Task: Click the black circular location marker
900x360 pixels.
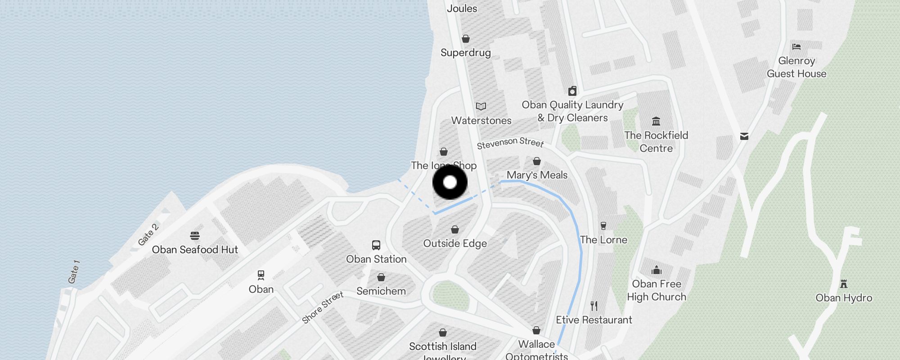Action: click(x=450, y=182)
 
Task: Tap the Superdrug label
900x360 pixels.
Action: click(x=466, y=53)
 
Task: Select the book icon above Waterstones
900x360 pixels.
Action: click(x=481, y=107)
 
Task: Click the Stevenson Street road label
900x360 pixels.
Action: click(x=510, y=143)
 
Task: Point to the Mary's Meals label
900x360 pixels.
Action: click(x=537, y=175)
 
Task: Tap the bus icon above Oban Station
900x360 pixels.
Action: click(x=376, y=245)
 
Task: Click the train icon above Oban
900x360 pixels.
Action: click(x=261, y=275)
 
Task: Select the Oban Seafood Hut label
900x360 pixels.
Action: click(x=195, y=250)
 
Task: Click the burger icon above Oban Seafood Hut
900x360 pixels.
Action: click(x=195, y=236)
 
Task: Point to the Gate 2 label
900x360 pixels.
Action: click(x=148, y=235)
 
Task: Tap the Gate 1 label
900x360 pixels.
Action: click(x=74, y=272)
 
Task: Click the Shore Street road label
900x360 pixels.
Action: click(x=323, y=307)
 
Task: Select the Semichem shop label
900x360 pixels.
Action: click(x=381, y=291)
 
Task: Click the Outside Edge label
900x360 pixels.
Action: click(x=455, y=243)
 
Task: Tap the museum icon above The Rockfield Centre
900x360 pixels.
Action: click(x=656, y=121)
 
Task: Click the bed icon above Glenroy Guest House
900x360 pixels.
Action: click(x=796, y=46)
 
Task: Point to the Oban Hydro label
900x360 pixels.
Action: click(x=844, y=298)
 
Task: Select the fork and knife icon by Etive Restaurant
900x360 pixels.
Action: click(x=594, y=306)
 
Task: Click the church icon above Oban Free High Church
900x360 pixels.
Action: click(x=657, y=270)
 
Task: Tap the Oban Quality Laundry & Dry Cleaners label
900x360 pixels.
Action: click(x=572, y=111)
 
